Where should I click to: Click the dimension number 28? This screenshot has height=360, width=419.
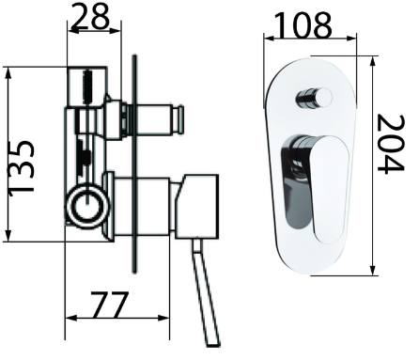point(90,16)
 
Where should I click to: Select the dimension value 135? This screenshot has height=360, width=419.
point(21,168)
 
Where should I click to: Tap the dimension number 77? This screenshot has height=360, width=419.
point(110,305)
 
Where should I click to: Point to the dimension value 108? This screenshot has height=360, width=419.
point(303,24)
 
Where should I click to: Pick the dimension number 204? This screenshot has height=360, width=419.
point(391,144)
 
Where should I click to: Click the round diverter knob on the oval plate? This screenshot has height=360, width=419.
point(314,99)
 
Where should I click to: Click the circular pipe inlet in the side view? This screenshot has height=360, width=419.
point(87,206)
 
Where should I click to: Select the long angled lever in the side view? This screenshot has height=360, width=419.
point(206,292)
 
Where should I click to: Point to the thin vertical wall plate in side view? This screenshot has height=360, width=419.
point(134,164)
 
